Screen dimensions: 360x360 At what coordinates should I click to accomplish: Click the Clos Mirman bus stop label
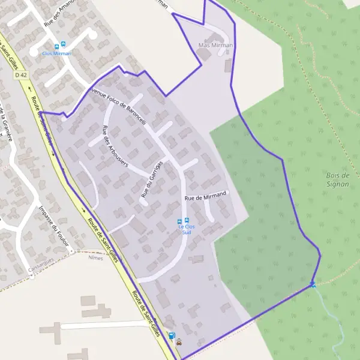coord(56,53)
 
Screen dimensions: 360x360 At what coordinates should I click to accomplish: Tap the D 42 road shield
coord(22,75)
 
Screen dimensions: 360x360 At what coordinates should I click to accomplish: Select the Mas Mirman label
coord(215,46)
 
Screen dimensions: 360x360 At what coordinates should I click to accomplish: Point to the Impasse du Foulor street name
coord(53,226)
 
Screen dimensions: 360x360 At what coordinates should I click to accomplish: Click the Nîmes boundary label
coord(95,257)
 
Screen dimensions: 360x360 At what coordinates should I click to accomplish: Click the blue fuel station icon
coord(172,336)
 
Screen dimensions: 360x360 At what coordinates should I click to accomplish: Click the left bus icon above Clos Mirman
coord(57,45)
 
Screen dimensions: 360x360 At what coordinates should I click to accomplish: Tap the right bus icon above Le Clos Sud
coord(187,220)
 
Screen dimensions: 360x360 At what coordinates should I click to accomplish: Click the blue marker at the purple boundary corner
coord(313,284)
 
